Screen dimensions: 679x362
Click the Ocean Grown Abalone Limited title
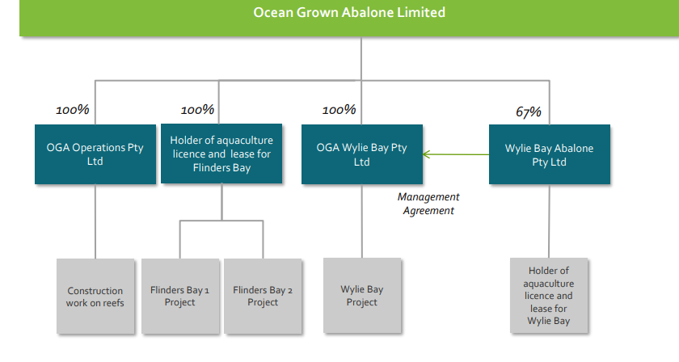click(349, 12)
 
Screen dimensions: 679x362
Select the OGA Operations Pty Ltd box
click(95, 154)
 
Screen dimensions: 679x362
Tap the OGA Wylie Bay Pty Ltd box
click(362, 154)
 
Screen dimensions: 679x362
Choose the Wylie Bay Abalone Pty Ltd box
click(550, 154)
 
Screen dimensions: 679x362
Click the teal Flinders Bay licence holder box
click(221, 154)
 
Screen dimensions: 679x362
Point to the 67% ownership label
click(529, 112)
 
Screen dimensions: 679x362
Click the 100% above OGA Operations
click(72, 110)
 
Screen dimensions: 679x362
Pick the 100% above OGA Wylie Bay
click(339, 110)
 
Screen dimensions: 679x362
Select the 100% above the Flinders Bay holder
click(197, 110)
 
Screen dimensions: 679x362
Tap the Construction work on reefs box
click(95, 297)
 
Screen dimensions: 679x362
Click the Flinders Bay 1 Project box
click(180, 297)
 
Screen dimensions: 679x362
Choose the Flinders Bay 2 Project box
click(263, 297)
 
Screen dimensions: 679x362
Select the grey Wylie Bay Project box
click(362, 295)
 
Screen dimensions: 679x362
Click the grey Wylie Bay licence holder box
click(549, 295)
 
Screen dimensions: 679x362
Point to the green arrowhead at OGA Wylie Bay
click(426, 154)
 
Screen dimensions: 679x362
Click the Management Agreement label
click(428, 204)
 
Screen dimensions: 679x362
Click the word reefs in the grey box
click(112, 303)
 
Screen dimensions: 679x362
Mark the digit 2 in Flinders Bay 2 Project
click(289, 291)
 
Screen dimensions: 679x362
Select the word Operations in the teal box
click(99, 148)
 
